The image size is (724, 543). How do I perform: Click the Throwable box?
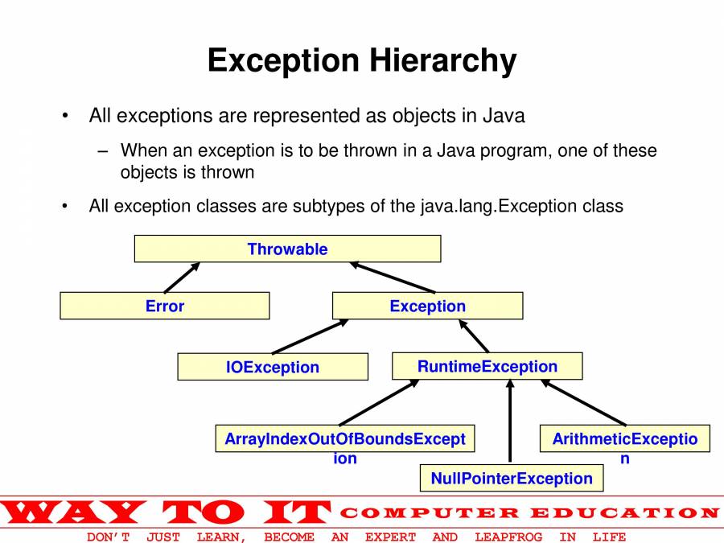coord(287,249)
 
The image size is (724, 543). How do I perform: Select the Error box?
coord(165,306)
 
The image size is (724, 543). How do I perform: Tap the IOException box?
coord(273,367)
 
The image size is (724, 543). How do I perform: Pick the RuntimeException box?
coord(487,366)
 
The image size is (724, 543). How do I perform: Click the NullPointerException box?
coord(512,478)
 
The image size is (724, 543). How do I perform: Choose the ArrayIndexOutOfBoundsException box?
coord(345,438)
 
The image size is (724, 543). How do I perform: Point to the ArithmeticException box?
coord(625,438)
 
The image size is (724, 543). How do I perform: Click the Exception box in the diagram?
coord(428,306)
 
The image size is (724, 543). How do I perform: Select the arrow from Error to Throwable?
coord(182,277)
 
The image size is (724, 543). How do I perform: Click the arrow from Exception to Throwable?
coord(392,277)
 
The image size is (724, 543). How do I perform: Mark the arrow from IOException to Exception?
coord(311,336)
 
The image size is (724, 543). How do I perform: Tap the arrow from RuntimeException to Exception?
coord(474,335)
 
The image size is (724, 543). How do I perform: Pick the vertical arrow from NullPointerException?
coord(510,421)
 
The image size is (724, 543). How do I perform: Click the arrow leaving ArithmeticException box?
coord(584,402)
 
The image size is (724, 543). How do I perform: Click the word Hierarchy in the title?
coord(442,60)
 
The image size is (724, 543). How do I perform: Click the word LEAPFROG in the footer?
coord(508,537)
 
